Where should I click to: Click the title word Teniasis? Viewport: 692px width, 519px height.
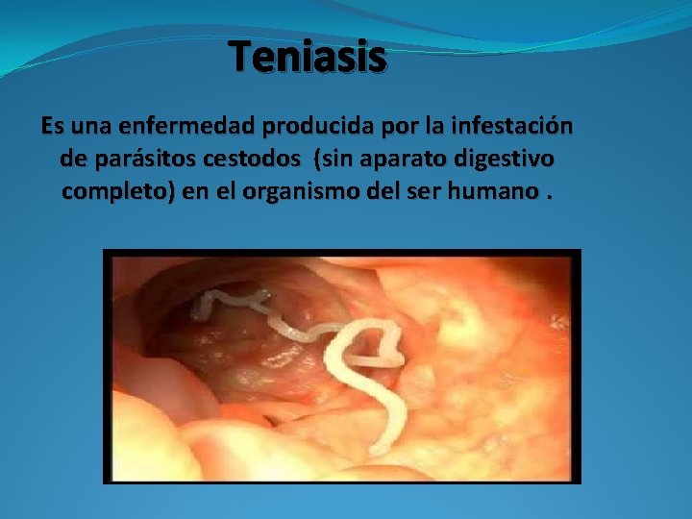(x=308, y=59)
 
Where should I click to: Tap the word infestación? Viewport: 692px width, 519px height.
(x=507, y=127)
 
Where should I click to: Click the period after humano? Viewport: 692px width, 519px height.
(x=550, y=194)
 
